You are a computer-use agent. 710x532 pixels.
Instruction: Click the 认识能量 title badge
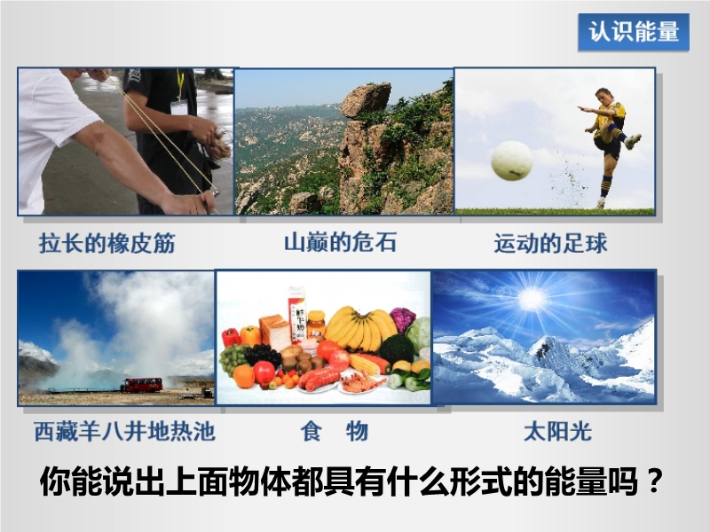coord(634,32)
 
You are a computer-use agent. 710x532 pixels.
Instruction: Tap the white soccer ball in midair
coord(512,160)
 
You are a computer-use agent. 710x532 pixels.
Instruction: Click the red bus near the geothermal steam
coord(141,385)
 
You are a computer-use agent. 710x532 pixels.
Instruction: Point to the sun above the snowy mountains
coord(532,299)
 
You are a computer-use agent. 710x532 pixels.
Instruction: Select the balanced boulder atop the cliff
coord(366,99)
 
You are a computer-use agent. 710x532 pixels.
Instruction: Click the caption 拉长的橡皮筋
coord(106,243)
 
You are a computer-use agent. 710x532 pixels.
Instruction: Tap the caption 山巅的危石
coord(340,242)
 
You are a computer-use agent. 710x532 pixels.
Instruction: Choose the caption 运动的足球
coord(550,243)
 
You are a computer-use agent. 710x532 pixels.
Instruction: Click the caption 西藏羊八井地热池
coord(124,431)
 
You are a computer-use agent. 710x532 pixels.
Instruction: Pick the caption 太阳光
coord(558,431)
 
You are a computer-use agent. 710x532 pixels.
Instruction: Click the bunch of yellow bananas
coord(360,328)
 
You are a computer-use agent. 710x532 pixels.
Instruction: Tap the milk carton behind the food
coord(297,315)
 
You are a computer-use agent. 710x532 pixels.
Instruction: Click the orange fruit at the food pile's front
coord(244,376)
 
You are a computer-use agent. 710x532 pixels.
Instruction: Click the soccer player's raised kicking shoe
coord(633,141)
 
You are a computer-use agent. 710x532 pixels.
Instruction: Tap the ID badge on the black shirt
coord(179,108)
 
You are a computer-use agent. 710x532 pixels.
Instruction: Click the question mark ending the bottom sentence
coord(655,481)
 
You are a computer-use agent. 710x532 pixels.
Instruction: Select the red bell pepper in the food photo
coord(231,337)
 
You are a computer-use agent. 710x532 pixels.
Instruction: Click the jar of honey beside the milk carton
coord(316,325)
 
